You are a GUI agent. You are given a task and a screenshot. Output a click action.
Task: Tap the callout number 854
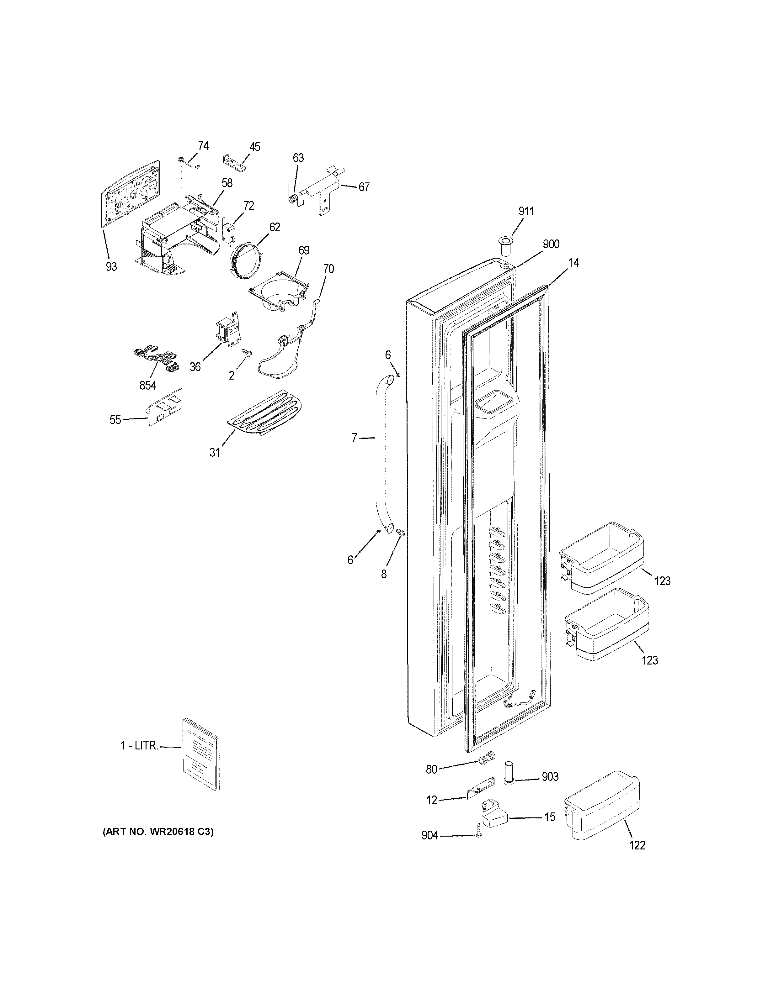pos(147,386)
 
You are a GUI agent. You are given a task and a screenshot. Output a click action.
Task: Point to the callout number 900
pos(551,244)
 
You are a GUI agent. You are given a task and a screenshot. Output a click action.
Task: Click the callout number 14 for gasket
pos(573,262)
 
